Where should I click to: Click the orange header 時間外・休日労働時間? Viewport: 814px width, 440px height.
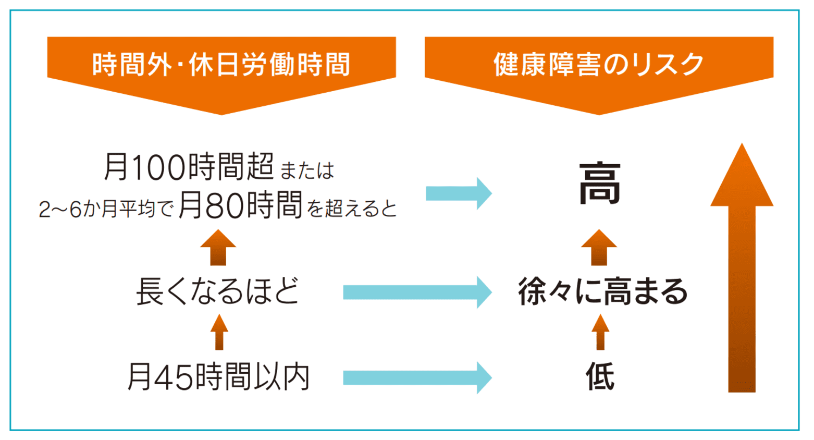pos(221,65)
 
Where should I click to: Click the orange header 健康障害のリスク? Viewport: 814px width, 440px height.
pos(599,65)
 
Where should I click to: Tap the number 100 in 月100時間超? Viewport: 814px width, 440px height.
pos(158,167)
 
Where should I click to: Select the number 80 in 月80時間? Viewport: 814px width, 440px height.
pos(225,206)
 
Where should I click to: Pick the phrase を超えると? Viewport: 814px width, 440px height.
pos(352,209)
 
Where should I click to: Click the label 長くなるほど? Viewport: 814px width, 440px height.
pos(218,291)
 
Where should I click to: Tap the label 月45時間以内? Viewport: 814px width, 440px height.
pos(219,377)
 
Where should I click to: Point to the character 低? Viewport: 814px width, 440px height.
pos(600,377)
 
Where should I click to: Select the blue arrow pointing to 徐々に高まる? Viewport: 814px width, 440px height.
pos(417,292)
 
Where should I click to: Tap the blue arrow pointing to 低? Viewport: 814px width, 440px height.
pos(417,377)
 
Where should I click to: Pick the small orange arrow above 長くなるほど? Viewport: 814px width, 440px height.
pos(218,248)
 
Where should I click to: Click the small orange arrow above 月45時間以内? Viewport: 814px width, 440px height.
pos(219,332)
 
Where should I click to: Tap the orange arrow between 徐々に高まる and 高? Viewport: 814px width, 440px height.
pos(599,248)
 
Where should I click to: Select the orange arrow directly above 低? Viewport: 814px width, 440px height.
pos(600,332)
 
